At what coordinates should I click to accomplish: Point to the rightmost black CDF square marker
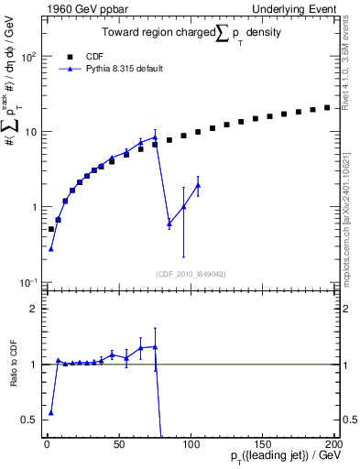coord(327,107)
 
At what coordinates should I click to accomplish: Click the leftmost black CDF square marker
coord(51,229)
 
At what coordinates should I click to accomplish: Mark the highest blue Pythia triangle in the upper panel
coord(155,137)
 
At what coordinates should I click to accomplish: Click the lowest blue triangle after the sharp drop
coord(169,224)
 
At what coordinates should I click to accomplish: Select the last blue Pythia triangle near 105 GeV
coord(198,185)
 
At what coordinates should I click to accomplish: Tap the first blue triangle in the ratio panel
coord(51,412)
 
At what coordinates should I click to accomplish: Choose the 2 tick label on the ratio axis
coord(34,309)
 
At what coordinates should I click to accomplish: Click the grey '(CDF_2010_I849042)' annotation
coord(191,272)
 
